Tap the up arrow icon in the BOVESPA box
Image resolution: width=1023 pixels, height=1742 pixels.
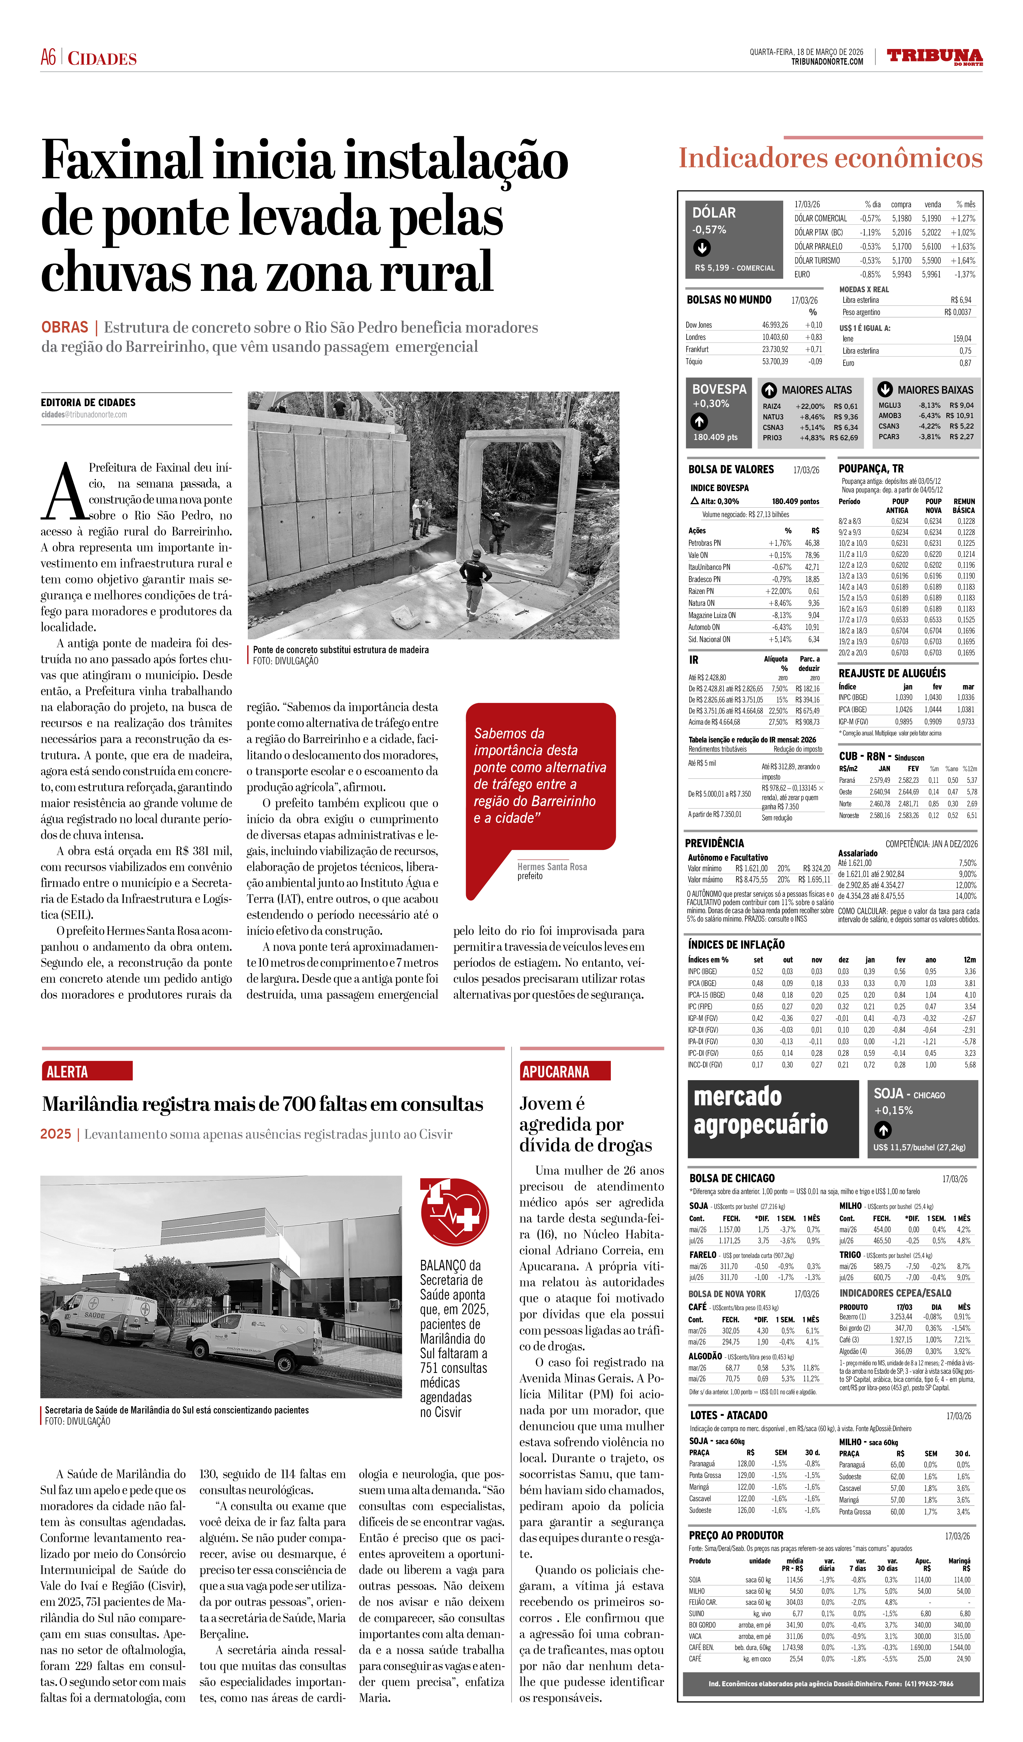(699, 421)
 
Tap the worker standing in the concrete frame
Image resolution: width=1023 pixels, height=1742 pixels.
(498, 531)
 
